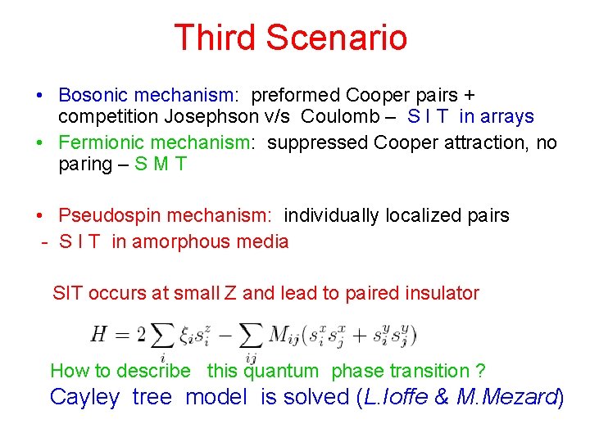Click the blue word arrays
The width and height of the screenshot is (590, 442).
point(508,117)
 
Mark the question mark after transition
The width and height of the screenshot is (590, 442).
point(480,371)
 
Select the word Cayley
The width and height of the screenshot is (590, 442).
point(85,397)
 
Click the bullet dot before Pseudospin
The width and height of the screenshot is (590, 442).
point(40,216)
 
